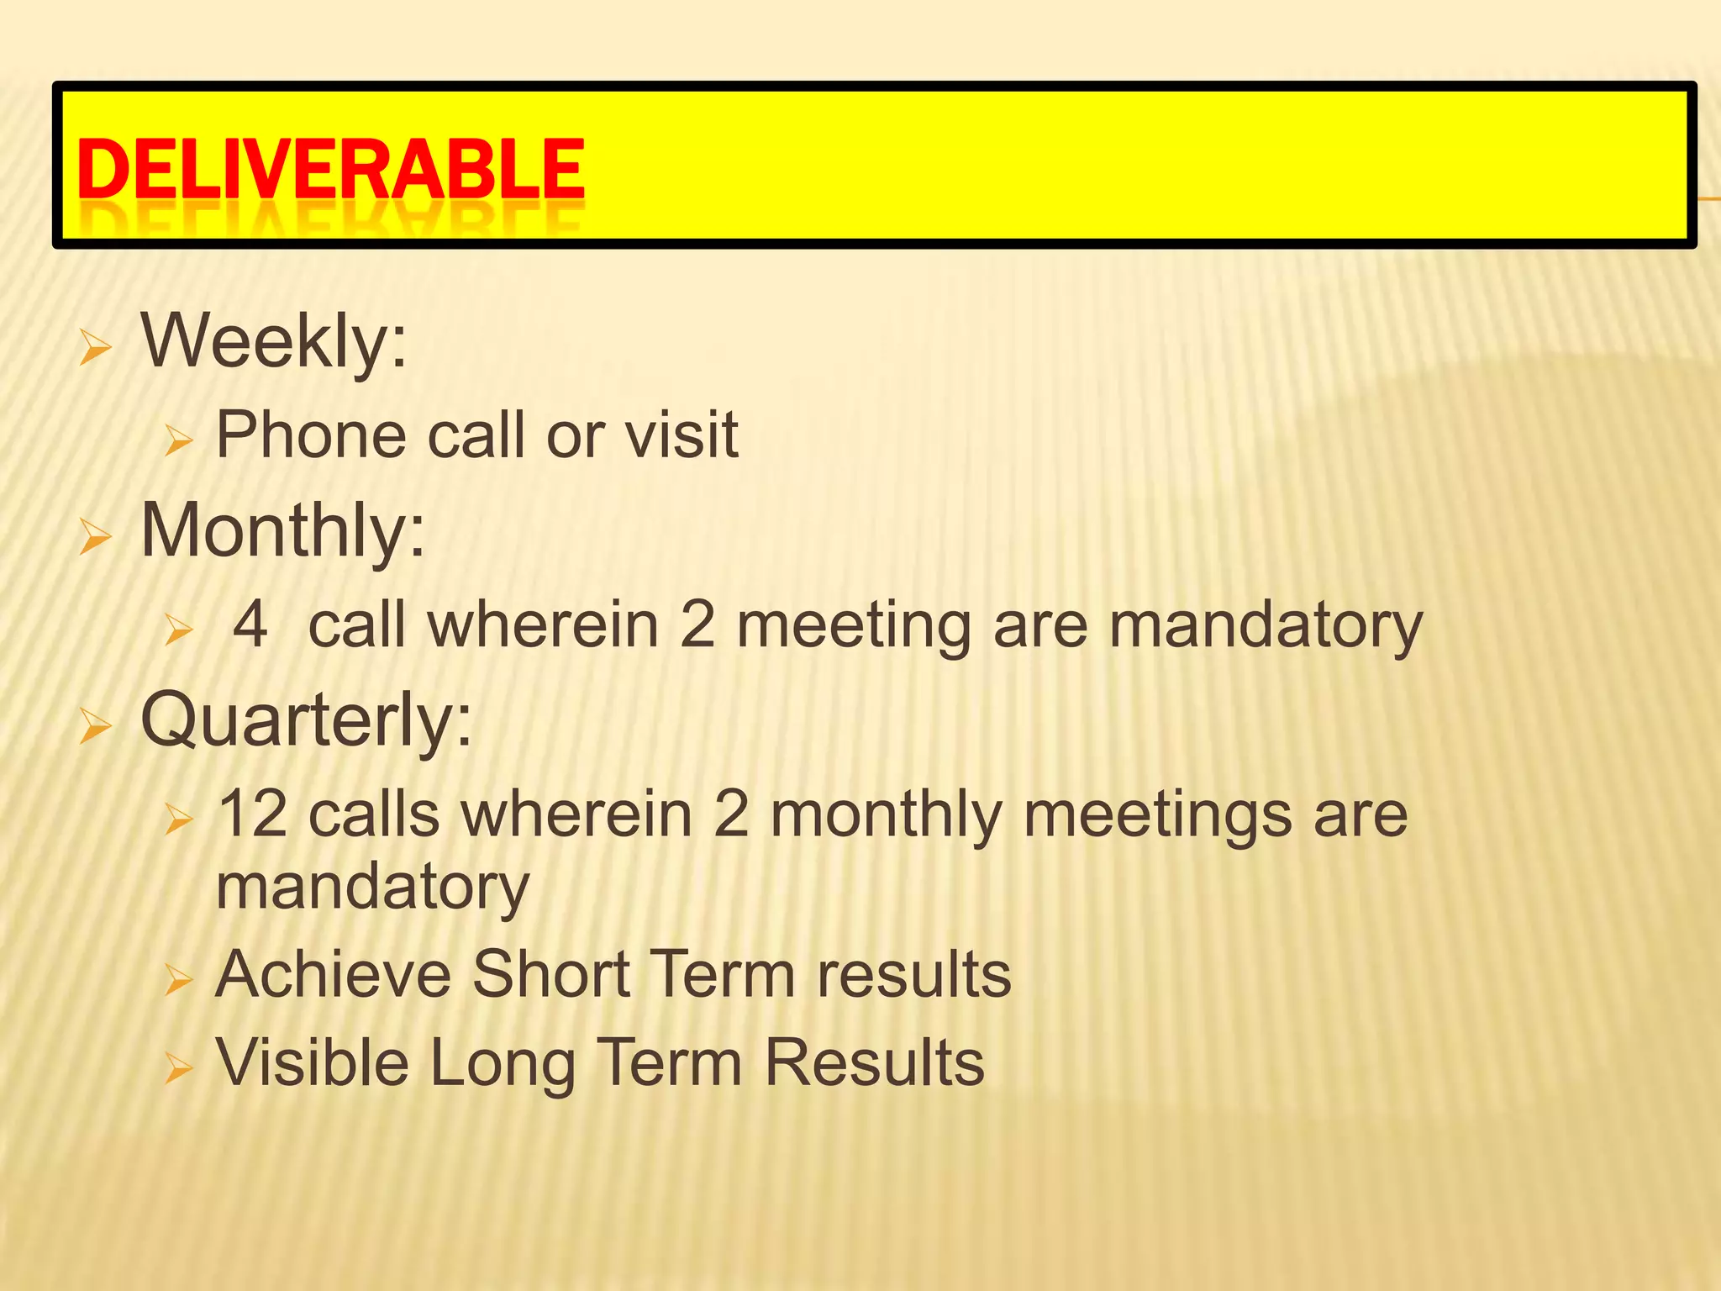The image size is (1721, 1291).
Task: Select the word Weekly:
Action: coord(274,341)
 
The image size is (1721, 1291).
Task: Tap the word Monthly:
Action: coord(283,531)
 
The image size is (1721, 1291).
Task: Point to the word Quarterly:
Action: coord(307,721)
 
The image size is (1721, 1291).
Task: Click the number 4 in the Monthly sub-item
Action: coord(250,624)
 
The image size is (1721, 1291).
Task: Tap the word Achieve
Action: coord(334,975)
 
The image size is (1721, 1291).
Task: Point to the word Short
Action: coord(550,975)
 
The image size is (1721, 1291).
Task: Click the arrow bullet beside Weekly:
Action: coord(95,347)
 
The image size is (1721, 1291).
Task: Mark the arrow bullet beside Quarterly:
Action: coord(95,727)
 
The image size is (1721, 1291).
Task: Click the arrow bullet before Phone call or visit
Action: coord(179,440)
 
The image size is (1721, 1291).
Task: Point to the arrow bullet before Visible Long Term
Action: coord(179,1068)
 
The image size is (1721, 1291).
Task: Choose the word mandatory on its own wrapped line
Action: coord(372,888)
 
